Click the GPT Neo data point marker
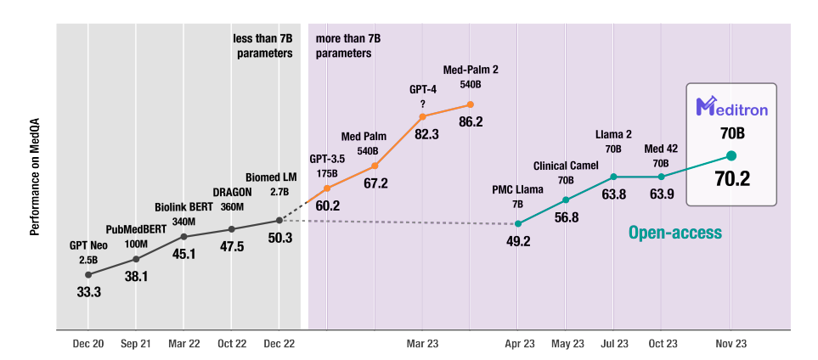pyautogui.click(x=88, y=274)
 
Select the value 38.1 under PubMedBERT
pyautogui.click(x=135, y=276)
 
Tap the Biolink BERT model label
pyautogui.click(x=183, y=207)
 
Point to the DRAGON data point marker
pyautogui.click(x=231, y=229)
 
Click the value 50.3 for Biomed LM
pyautogui.click(x=279, y=238)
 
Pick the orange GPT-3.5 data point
pyautogui.click(x=327, y=188)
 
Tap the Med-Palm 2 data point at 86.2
pyautogui.click(x=470, y=105)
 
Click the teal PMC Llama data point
pyautogui.click(x=517, y=223)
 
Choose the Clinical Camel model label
pyautogui.click(x=565, y=166)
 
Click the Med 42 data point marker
pyautogui.click(x=661, y=177)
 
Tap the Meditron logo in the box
pyautogui.click(x=731, y=107)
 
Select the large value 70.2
pyautogui.click(x=731, y=179)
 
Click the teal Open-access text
pyautogui.click(x=674, y=232)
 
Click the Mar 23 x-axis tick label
pyautogui.click(x=422, y=344)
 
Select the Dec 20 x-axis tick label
pyautogui.click(x=88, y=344)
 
